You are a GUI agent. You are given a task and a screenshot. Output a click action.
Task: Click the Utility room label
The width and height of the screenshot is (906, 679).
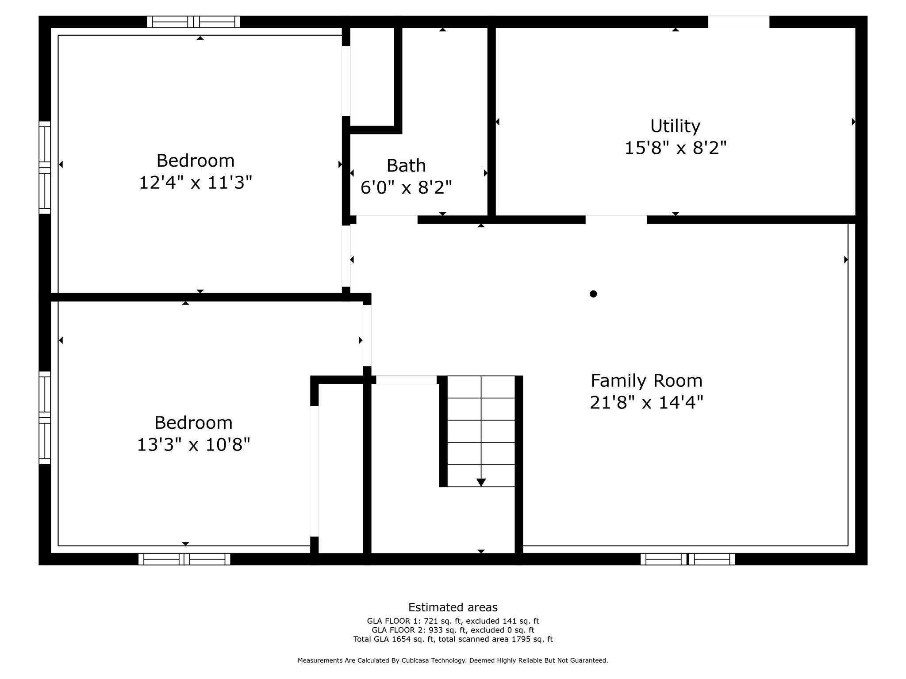click(x=675, y=126)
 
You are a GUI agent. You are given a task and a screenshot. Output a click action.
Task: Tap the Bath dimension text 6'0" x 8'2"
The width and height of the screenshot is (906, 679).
click(x=406, y=188)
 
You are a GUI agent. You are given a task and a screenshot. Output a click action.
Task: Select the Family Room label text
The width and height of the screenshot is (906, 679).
click(x=646, y=381)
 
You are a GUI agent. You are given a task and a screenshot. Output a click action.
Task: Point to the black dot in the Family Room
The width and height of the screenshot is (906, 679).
click(x=593, y=294)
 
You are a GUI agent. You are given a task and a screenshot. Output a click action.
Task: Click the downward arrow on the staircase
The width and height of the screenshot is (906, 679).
click(x=481, y=482)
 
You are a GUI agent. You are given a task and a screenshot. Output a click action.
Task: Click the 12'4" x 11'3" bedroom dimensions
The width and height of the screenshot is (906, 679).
click(x=196, y=183)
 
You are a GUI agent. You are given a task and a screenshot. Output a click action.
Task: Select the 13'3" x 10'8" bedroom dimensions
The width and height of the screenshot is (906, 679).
click(x=193, y=445)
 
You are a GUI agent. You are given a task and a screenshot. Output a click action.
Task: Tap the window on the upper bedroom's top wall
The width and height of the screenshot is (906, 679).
click(x=193, y=22)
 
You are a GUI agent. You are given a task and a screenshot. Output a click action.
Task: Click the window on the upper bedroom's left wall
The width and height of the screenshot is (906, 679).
click(x=45, y=167)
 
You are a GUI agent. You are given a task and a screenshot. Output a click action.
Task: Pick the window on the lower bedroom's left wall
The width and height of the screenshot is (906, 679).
click(x=45, y=417)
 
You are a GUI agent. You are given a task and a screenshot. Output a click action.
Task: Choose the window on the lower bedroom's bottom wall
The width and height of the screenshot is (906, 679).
click(x=184, y=559)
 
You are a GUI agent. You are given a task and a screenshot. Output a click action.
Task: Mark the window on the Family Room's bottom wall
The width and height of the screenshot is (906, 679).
click(x=687, y=559)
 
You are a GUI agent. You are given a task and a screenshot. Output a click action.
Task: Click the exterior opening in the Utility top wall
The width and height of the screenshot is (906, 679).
click(x=738, y=22)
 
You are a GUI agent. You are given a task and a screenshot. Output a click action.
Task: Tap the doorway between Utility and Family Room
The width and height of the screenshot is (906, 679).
click(x=616, y=220)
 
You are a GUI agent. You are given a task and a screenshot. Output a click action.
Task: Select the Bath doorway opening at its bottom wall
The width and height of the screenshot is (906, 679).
click(x=387, y=219)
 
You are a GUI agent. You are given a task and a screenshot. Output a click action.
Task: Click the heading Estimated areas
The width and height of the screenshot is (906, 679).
click(x=453, y=607)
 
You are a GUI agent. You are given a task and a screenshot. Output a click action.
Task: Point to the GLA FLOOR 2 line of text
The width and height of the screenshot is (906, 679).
click(x=453, y=630)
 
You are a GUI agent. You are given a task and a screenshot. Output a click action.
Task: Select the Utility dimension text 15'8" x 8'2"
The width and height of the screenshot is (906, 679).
click(x=675, y=148)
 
